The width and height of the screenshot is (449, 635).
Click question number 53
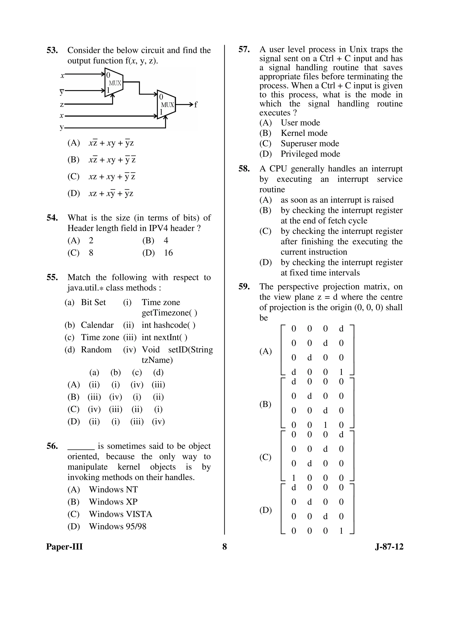[52, 50]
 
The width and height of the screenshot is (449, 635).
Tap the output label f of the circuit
[196, 105]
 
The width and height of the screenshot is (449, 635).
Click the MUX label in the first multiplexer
[115, 83]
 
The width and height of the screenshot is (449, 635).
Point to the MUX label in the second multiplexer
[167, 105]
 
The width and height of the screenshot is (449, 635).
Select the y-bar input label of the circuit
[62, 91]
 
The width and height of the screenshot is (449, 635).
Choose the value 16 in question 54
[168, 253]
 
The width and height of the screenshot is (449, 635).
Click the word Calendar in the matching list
[97, 325]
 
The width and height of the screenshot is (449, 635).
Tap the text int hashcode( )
[168, 325]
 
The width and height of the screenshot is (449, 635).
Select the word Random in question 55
[96, 350]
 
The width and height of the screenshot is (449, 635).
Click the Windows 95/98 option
[117, 526]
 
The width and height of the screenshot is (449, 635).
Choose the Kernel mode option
[304, 133]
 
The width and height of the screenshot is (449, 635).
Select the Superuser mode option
[310, 144]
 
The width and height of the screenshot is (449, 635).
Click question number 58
[244, 169]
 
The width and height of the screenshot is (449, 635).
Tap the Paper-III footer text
[64, 547]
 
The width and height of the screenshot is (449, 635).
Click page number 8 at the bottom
[224, 547]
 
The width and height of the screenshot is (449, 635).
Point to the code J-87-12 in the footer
[389, 547]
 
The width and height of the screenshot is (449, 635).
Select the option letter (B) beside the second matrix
[265, 404]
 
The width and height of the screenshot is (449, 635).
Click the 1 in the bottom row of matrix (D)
[341, 531]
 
